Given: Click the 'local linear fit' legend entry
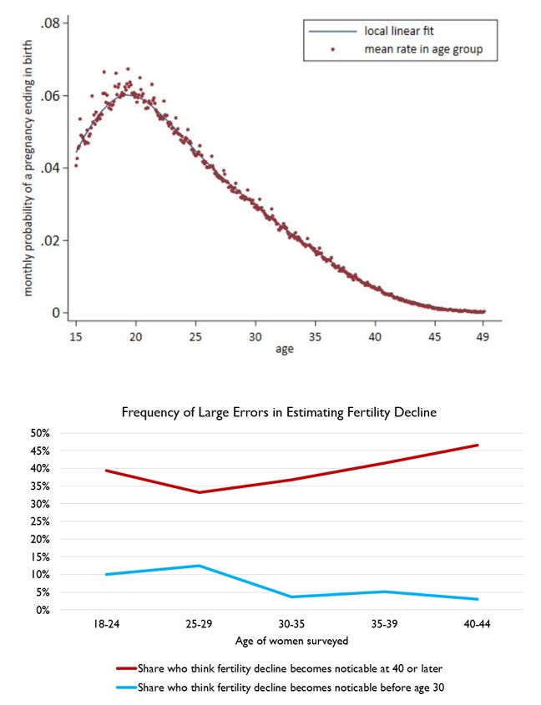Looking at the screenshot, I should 392,32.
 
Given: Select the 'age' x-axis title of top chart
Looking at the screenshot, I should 284,350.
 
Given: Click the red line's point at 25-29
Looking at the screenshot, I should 200,492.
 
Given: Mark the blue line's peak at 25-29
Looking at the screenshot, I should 200,566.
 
